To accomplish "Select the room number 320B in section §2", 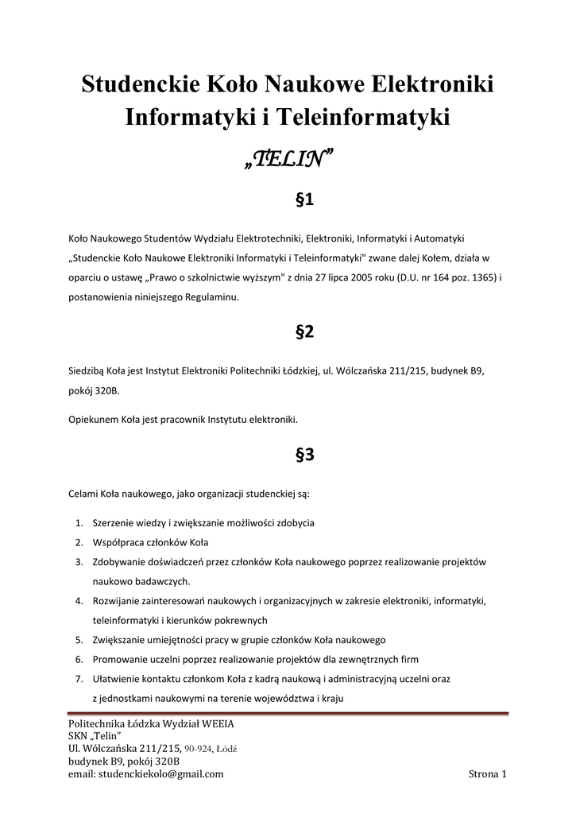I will click(104, 391).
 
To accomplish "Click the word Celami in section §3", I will click(83, 494).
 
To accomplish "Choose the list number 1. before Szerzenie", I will click(79, 524).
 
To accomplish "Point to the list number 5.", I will click(79, 639).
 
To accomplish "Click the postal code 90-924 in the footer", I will click(199, 749).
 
